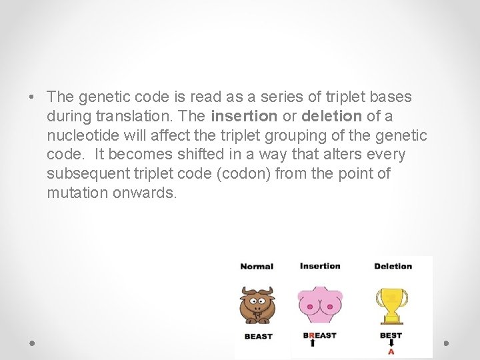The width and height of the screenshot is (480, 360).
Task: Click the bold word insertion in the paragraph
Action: (243, 116)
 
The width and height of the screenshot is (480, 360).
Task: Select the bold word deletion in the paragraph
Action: (332, 116)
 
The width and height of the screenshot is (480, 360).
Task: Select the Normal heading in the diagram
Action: (257, 267)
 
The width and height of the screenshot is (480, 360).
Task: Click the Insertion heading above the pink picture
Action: (320, 266)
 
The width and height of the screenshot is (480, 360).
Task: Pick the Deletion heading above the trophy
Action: (393, 267)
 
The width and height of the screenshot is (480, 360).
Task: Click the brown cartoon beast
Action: (257, 304)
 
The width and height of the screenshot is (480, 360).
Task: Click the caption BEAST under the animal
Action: (258, 337)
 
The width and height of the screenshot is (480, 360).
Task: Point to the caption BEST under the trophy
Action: (391, 335)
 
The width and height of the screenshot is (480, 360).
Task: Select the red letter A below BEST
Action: (391, 351)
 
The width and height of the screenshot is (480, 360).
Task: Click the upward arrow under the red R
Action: (311, 344)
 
